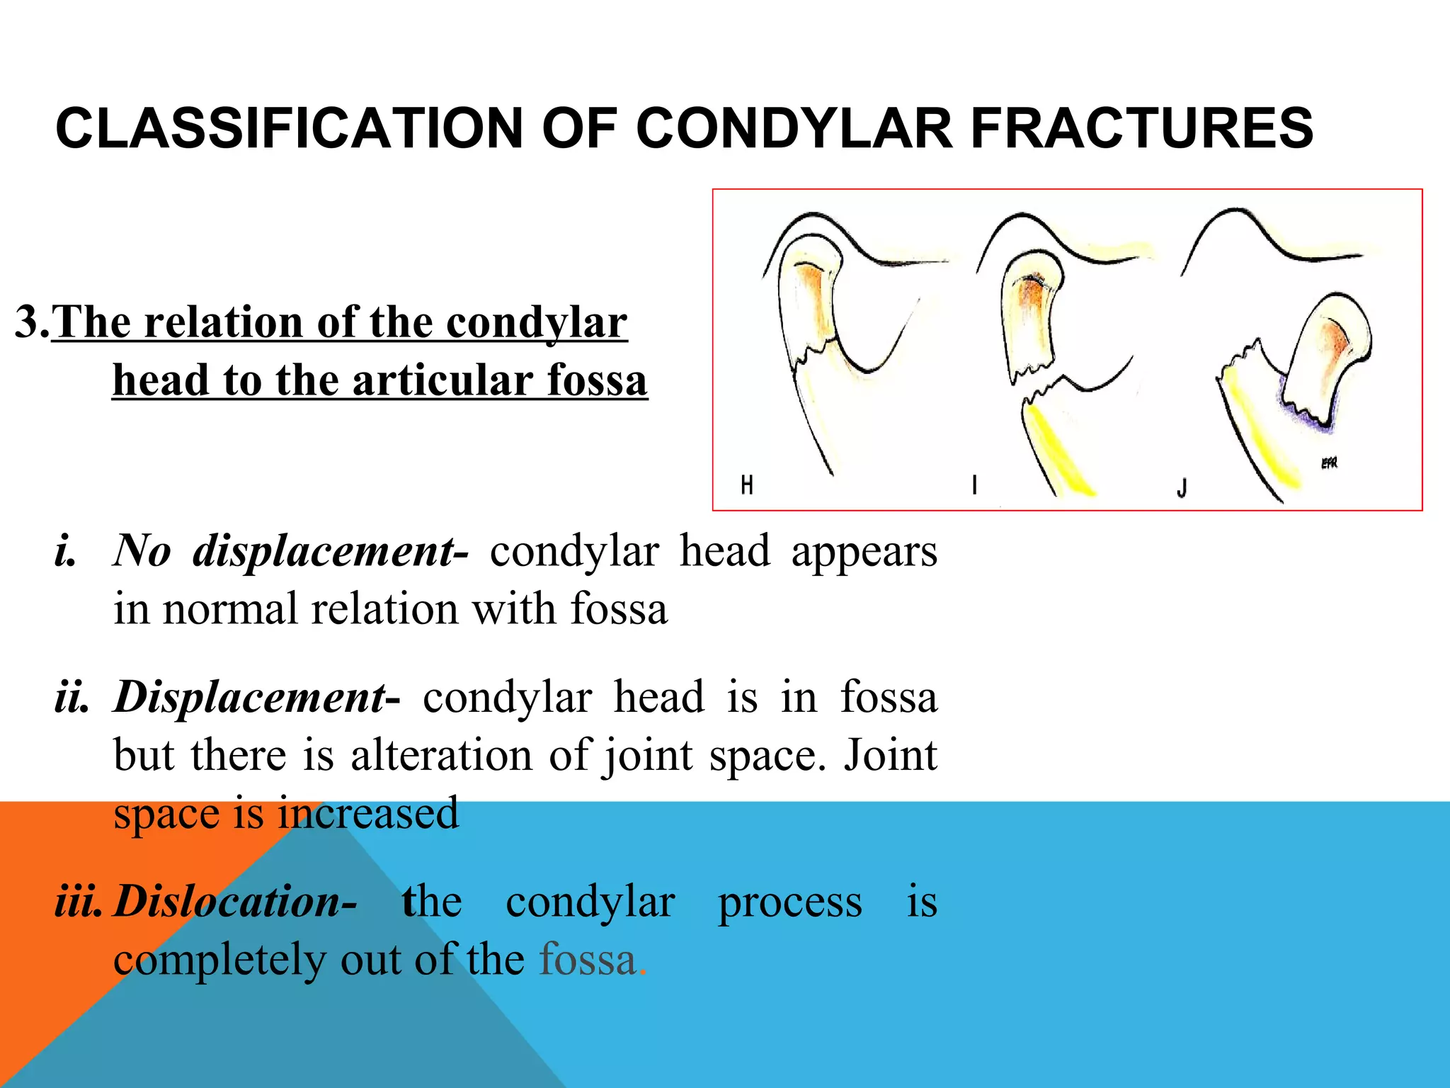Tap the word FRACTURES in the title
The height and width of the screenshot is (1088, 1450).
(1141, 128)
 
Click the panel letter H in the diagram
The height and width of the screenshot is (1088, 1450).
(747, 485)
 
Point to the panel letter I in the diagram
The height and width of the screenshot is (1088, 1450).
(975, 485)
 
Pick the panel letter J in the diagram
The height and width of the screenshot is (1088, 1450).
(1182, 487)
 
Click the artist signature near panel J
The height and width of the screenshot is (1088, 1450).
(1329, 463)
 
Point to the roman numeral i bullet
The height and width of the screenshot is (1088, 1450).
(64, 551)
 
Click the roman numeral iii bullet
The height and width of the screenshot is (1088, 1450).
(78, 902)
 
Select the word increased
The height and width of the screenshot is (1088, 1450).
(368, 812)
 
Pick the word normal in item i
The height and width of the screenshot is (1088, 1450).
(229, 609)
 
